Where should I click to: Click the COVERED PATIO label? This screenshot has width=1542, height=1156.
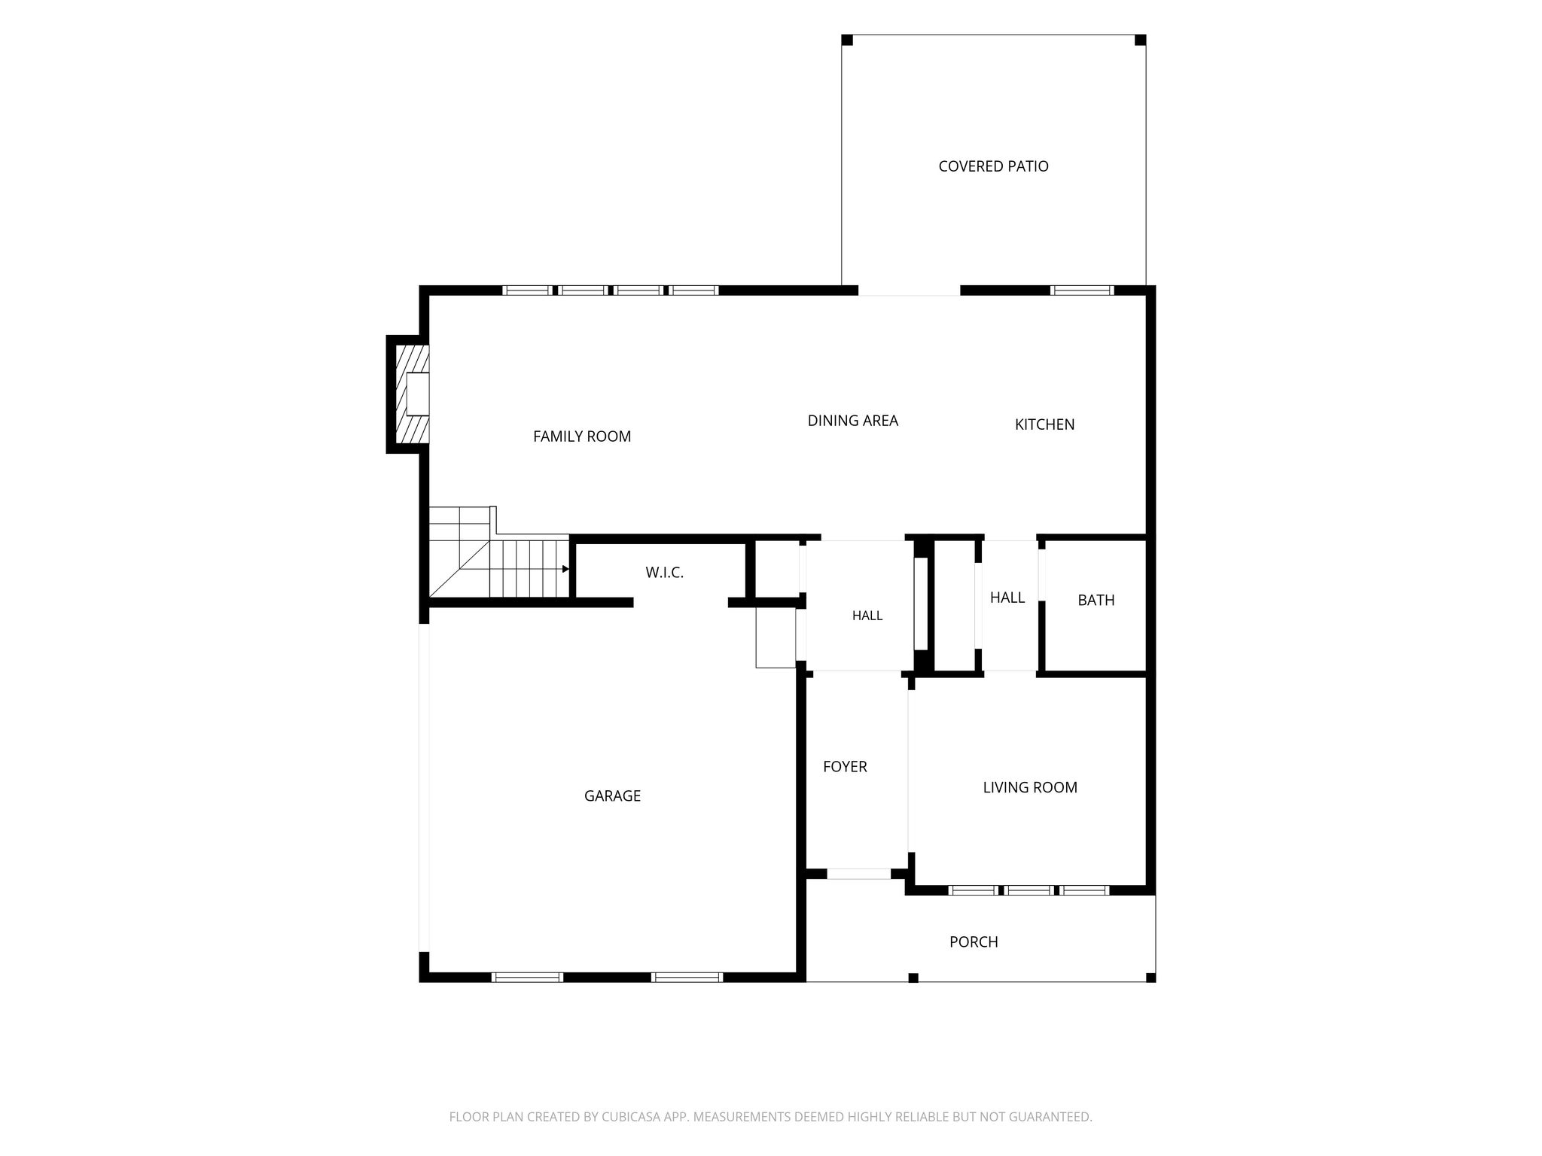993,166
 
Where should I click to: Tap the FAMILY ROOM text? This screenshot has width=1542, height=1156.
582,437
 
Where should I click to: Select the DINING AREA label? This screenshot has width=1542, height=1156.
853,421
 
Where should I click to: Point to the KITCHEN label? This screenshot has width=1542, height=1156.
1044,424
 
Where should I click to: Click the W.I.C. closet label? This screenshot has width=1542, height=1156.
665,573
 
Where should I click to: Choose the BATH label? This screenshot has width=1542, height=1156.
1096,601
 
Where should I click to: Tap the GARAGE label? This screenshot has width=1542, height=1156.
612,796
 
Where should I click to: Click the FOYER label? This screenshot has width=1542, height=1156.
845,767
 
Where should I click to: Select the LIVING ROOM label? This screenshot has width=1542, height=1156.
1030,788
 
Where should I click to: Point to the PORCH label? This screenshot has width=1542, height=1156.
974,942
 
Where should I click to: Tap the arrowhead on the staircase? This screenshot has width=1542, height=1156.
566,569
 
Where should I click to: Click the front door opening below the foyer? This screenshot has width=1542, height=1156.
859,874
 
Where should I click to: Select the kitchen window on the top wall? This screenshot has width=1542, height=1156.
1082,290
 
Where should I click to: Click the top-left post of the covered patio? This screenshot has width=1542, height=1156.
847,40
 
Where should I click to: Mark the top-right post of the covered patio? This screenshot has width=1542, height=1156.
1140,40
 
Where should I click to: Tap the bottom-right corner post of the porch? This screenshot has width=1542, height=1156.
1150,978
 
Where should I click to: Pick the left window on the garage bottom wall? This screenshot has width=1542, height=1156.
527,978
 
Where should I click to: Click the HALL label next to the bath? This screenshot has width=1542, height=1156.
1007,598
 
